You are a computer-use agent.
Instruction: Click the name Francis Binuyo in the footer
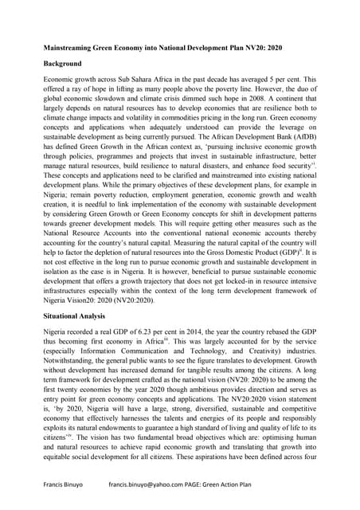pyautogui.click(x=68, y=484)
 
